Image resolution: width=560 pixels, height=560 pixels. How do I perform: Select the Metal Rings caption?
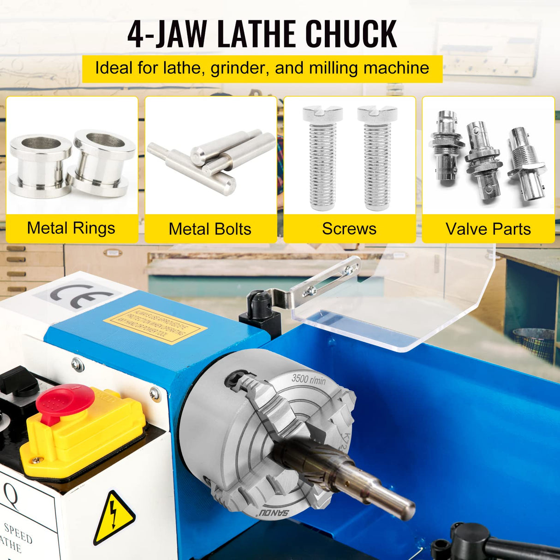tap(71, 228)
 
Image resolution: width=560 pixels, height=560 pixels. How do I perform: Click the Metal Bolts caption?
tap(210, 229)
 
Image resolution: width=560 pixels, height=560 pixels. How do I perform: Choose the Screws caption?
tap(349, 229)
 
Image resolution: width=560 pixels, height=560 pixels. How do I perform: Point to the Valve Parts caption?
tap(488, 229)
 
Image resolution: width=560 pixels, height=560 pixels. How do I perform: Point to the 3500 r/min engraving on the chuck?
tap(309, 379)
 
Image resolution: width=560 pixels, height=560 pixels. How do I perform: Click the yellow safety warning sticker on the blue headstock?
tap(155, 324)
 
